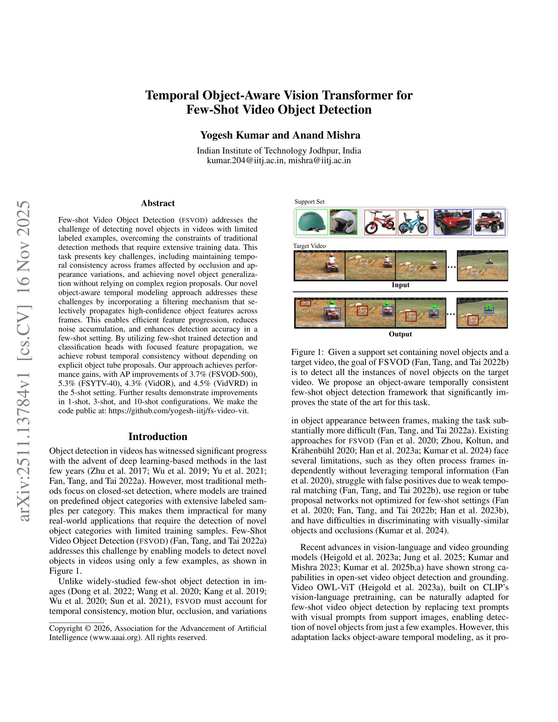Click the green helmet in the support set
[312, 222]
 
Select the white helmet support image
[343, 222]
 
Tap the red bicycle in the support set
[380, 222]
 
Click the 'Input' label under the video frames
[400, 285]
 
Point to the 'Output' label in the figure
[400, 334]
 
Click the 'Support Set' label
[309, 202]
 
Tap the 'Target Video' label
[309, 246]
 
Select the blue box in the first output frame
[332, 315]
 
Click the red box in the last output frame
[473, 320]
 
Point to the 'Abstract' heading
[158, 203]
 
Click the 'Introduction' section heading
[158, 436]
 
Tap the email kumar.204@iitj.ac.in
[246, 160]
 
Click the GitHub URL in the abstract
[178, 411]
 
